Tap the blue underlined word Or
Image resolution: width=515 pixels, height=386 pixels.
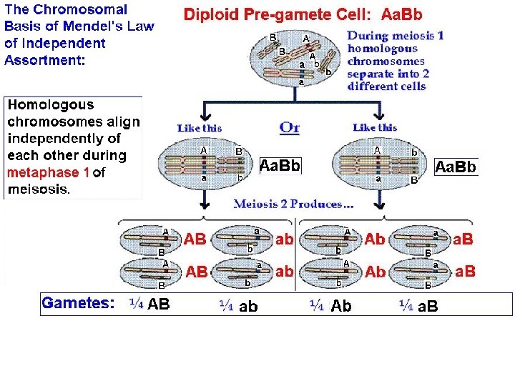point(289,128)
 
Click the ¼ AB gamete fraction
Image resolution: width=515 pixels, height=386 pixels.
point(150,305)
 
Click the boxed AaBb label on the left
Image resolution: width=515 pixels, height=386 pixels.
point(280,167)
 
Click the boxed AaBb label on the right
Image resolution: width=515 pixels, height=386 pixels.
point(456,167)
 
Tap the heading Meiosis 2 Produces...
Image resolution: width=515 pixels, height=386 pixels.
point(294,204)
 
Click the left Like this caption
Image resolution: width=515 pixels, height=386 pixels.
point(200,128)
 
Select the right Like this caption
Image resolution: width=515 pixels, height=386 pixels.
point(376,127)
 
